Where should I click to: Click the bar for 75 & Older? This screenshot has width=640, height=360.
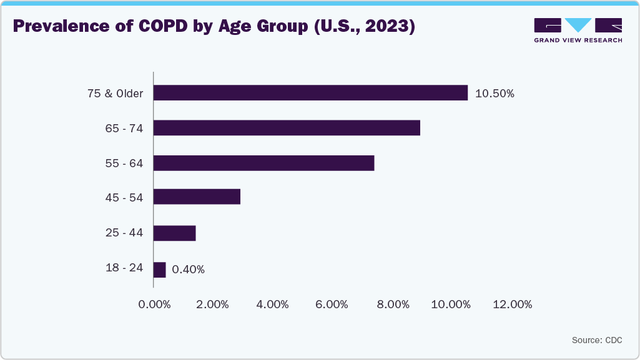tap(310, 93)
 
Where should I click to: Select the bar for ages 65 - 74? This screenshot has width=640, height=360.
tap(287, 128)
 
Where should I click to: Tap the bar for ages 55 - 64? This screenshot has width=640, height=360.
tap(263, 163)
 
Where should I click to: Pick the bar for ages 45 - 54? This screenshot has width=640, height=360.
tap(197, 197)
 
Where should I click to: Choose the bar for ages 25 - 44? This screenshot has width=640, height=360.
tap(174, 233)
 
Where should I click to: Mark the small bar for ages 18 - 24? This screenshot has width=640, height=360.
tap(159, 270)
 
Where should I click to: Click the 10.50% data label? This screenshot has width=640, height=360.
tap(495, 94)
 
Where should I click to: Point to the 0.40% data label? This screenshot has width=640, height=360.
tap(188, 270)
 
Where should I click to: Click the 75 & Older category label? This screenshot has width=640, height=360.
tap(115, 94)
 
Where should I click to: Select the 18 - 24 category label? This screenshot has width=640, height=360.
tap(124, 268)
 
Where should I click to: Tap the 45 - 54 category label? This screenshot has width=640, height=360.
tap(124, 198)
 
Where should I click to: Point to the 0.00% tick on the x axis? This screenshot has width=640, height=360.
tap(154, 304)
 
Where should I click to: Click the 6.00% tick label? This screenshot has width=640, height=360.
tap(332, 304)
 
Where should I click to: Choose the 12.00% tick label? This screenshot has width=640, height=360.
tap(512, 304)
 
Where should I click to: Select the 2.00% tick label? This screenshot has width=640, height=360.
tap(214, 304)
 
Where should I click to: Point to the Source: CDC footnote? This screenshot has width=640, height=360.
tap(596, 340)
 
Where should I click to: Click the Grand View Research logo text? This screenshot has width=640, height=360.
tap(578, 40)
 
